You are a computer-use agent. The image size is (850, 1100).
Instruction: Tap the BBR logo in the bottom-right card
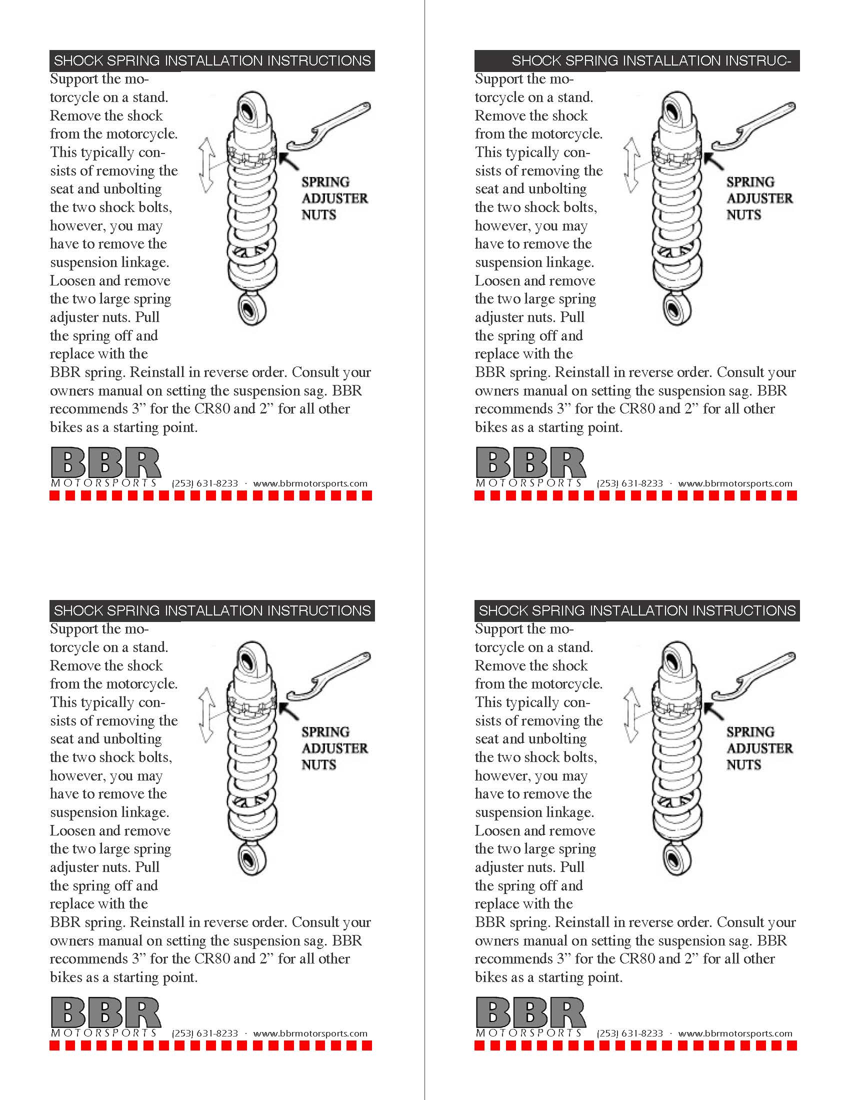[x=530, y=1013]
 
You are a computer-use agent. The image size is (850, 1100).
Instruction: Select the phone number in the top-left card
[x=205, y=483]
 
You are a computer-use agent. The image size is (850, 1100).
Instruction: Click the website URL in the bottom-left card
[x=310, y=1033]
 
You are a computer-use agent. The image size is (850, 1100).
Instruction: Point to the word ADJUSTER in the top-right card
[x=759, y=198]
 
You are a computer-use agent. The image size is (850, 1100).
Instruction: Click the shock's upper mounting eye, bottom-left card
[x=250, y=658]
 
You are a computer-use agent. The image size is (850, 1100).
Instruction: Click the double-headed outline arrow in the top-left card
[x=205, y=166]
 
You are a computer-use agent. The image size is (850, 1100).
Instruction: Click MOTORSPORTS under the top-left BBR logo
[x=103, y=483]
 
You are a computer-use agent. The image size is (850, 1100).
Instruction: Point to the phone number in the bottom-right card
[x=630, y=1033]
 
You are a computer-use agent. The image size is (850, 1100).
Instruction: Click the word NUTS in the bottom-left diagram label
[x=319, y=765]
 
